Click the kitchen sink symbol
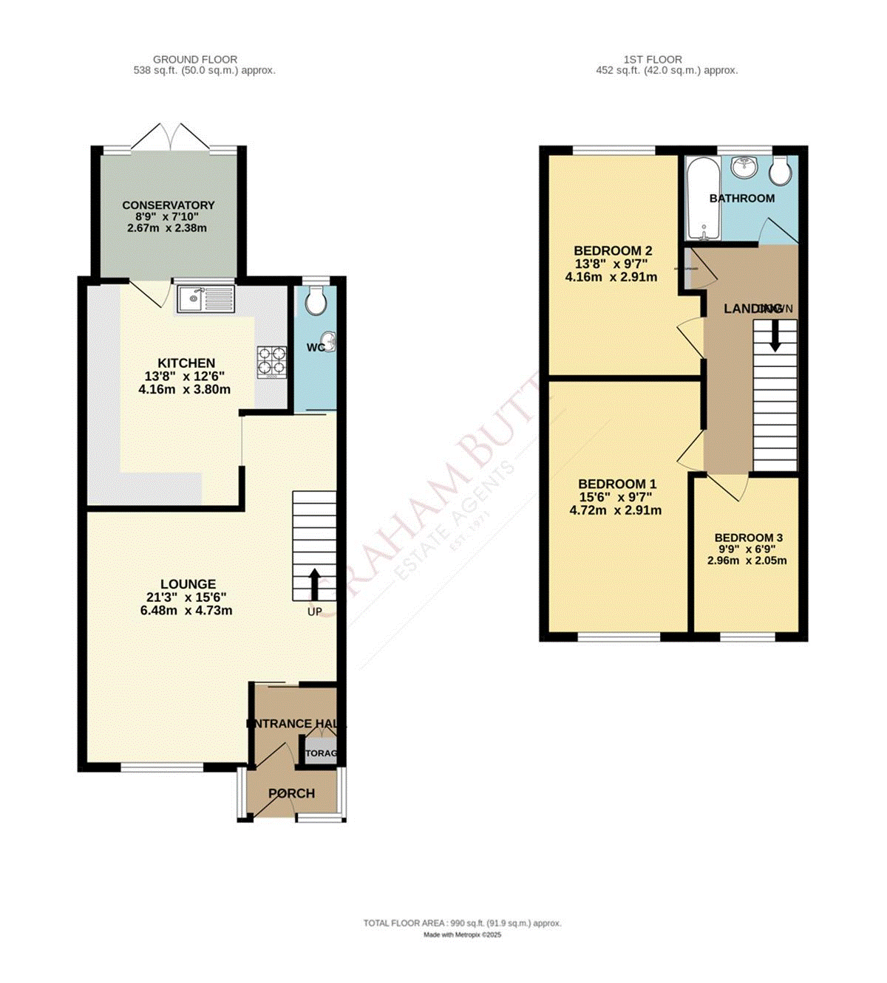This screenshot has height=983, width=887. click(x=205, y=299)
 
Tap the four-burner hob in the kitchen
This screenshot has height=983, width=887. click(x=271, y=361)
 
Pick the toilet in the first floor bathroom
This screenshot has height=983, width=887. click(x=779, y=172)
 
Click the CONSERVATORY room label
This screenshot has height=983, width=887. click(x=169, y=205)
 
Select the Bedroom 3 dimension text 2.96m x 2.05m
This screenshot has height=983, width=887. click(x=747, y=561)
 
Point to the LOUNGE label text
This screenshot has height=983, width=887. click(x=187, y=584)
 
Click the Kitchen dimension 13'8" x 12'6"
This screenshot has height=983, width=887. click(x=185, y=376)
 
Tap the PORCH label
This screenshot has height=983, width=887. click(x=291, y=793)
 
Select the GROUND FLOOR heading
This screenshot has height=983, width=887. click(x=195, y=59)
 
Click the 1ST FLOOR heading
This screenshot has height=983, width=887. click(x=652, y=59)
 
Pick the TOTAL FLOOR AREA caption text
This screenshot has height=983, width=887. click(x=462, y=923)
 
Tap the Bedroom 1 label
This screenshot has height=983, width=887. click(x=616, y=484)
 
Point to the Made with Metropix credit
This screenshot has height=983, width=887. click(x=462, y=935)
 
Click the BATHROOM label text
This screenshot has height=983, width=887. click(x=741, y=198)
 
